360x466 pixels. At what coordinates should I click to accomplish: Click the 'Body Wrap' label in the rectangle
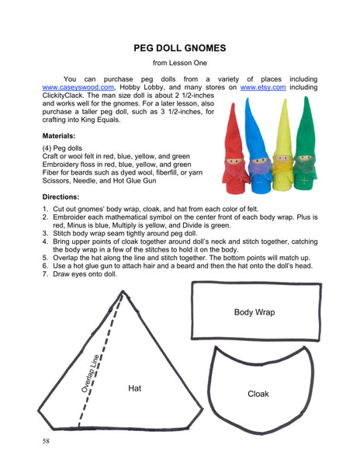pyautogui.click(x=254, y=312)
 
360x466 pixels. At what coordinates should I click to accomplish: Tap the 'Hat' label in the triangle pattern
pyautogui.click(x=135, y=387)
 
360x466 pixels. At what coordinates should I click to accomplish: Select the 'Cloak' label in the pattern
pyautogui.click(x=258, y=394)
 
